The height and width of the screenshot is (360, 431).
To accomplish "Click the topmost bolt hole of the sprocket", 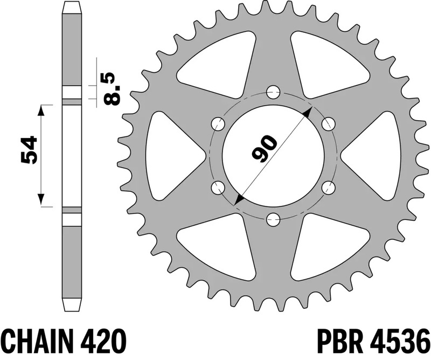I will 273,91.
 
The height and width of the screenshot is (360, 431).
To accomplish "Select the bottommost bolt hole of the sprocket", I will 273,219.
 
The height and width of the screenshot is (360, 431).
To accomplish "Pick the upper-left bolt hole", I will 218,123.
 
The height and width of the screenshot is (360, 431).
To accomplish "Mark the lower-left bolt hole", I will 218,187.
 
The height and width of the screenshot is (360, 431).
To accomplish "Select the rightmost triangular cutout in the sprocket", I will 376,155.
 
